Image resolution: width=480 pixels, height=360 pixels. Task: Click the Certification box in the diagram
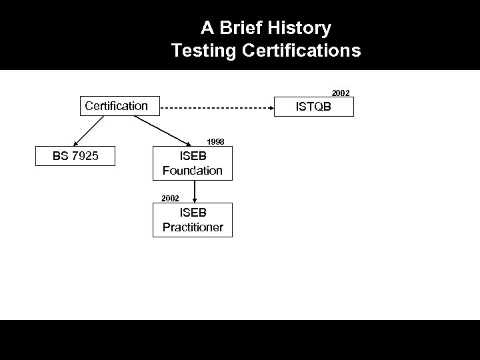[x=117, y=105]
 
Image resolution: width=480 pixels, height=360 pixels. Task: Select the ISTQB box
[x=314, y=107]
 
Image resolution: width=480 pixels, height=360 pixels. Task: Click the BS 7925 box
[x=75, y=157]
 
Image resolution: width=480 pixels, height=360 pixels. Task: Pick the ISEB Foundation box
[x=193, y=163]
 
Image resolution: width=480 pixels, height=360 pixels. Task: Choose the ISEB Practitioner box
[x=193, y=220]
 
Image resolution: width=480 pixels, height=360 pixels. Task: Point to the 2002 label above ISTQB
[x=341, y=93]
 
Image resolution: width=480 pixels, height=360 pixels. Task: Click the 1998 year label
[x=215, y=141]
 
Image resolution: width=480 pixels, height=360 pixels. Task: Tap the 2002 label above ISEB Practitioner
[x=170, y=198]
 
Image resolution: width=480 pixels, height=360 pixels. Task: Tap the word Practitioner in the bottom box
[x=193, y=227]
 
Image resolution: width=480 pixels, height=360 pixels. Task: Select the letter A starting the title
[x=207, y=29]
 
